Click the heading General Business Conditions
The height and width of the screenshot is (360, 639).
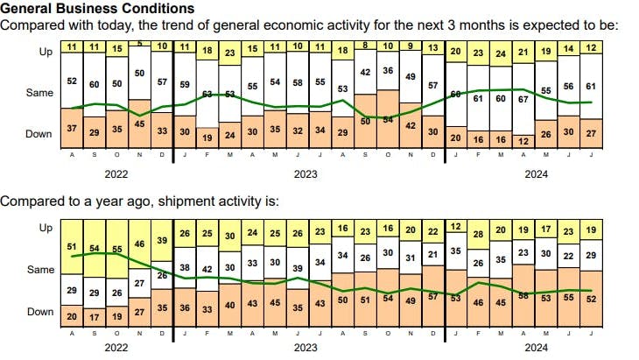[x=96, y=9]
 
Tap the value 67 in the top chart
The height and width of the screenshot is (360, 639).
[x=523, y=100]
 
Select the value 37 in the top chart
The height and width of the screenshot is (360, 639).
[x=72, y=130]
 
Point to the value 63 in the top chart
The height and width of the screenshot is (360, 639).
[x=208, y=94]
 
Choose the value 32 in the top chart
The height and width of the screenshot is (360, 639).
[x=298, y=130]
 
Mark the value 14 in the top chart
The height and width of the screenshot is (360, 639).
[x=569, y=48]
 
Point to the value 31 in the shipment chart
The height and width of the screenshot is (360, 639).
[x=410, y=258]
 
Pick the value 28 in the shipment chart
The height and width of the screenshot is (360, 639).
[x=478, y=235]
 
